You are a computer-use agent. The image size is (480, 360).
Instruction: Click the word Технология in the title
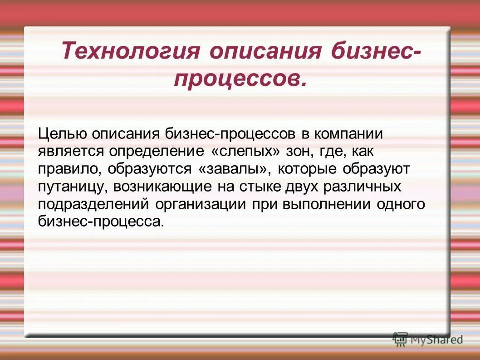(131, 50)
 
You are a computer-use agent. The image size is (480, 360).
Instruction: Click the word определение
(154, 152)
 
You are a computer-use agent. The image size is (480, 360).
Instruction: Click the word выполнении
(327, 204)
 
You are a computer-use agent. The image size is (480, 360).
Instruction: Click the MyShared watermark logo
(428, 339)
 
